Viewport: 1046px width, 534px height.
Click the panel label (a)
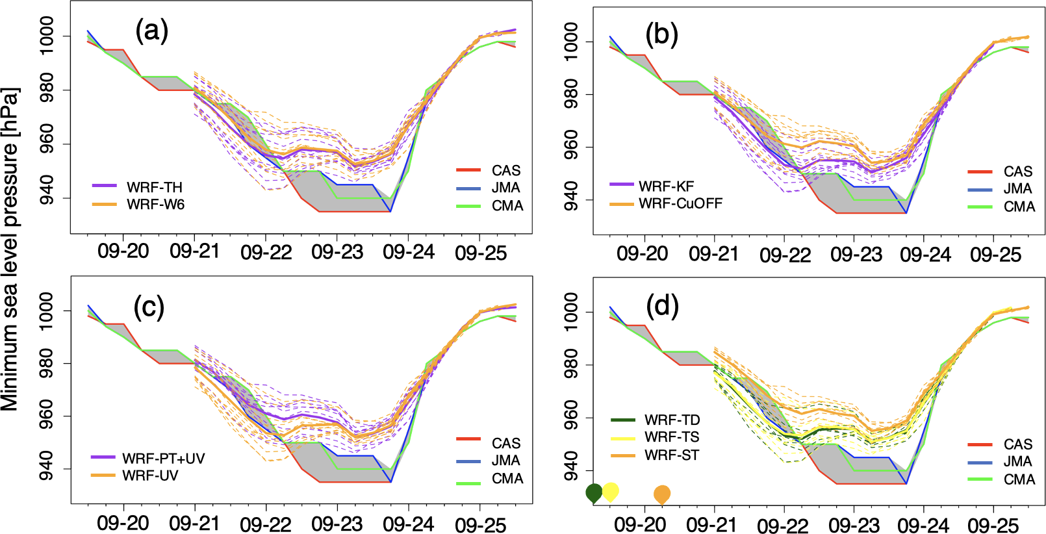click(151, 31)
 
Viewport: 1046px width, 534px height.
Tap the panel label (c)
click(149, 307)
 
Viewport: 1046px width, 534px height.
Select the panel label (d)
click(661, 305)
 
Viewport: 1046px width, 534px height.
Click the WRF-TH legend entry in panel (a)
click(155, 187)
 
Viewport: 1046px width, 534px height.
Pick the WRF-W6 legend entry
click(155, 205)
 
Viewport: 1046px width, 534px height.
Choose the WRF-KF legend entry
click(666, 186)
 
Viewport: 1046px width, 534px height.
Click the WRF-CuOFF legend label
click(680, 203)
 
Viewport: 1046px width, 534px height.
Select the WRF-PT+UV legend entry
click(163, 459)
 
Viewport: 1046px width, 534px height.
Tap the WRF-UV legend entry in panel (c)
click(150, 476)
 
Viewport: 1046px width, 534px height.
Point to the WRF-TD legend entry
click(672, 420)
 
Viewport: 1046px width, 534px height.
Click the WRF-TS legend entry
click(672, 437)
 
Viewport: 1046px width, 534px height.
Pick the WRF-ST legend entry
click(672, 455)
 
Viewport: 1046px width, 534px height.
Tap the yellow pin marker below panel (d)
click(611, 491)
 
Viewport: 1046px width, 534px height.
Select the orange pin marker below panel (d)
click(662, 494)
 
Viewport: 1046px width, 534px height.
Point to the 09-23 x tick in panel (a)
click(337, 252)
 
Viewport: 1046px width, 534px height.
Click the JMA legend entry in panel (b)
click(1017, 189)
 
